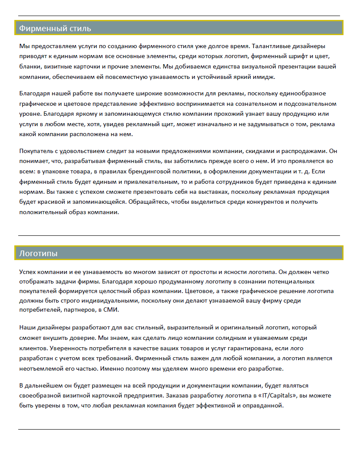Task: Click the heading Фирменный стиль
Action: click(55, 29)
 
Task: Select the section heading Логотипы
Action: click(38, 253)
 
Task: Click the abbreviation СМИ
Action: click(110, 310)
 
